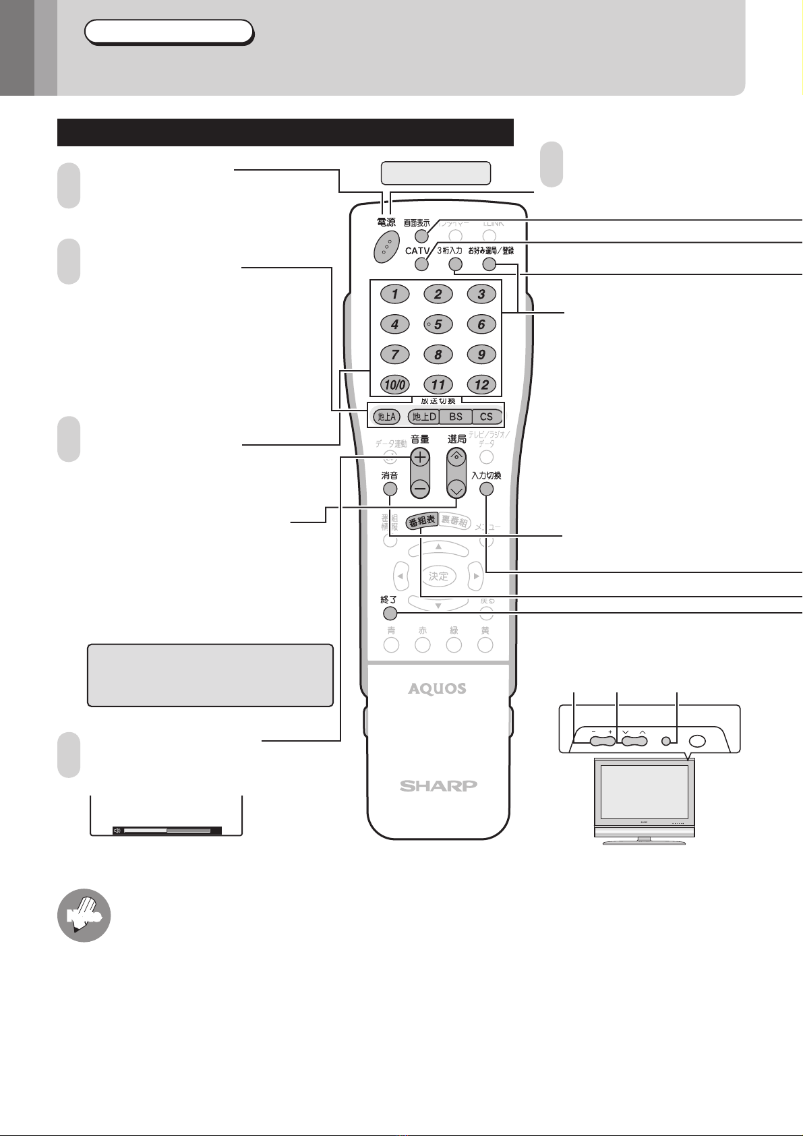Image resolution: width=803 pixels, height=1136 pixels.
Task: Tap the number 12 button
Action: coord(481,384)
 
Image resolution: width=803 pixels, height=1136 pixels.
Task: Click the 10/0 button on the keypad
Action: coord(394,384)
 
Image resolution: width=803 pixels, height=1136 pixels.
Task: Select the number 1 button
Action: coord(395,294)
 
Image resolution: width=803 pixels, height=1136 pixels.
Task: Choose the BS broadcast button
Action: coord(456,417)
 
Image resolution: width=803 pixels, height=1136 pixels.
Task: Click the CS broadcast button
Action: coord(487,417)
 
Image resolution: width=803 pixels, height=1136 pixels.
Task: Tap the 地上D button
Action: coord(425,417)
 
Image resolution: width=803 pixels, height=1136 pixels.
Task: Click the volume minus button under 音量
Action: coord(420,487)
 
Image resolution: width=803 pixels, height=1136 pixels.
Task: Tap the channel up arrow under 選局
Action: coord(457,457)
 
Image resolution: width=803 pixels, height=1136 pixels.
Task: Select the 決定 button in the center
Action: coord(438,576)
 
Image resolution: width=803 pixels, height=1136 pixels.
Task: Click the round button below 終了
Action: coord(389,614)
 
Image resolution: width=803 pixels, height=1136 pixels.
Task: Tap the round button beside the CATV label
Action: coord(421,264)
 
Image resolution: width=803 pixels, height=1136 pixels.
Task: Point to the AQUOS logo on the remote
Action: coord(437,688)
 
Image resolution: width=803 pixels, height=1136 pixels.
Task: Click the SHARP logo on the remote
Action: coord(438,785)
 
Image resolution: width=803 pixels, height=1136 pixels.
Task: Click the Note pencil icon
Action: coord(84,915)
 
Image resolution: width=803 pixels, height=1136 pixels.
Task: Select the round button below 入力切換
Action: coord(486,489)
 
